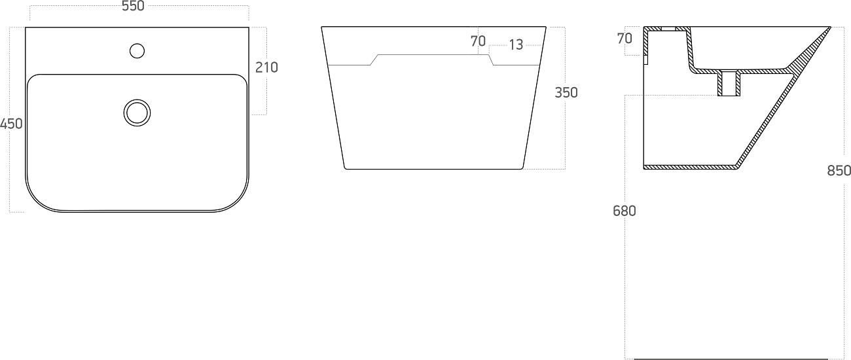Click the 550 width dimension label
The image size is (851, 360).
pos(133,6)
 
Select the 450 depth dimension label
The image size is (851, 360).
pos(11,124)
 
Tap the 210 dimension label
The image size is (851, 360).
pos(266,67)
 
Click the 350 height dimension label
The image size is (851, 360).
pos(566,93)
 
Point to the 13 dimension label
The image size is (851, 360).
pos(516,45)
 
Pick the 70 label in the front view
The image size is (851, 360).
pos(478,41)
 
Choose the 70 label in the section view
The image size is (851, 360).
pos(625,39)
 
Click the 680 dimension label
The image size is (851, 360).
pos(625,211)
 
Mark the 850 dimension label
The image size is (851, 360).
pos(839,171)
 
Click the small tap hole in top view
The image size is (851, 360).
pos(137,51)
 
